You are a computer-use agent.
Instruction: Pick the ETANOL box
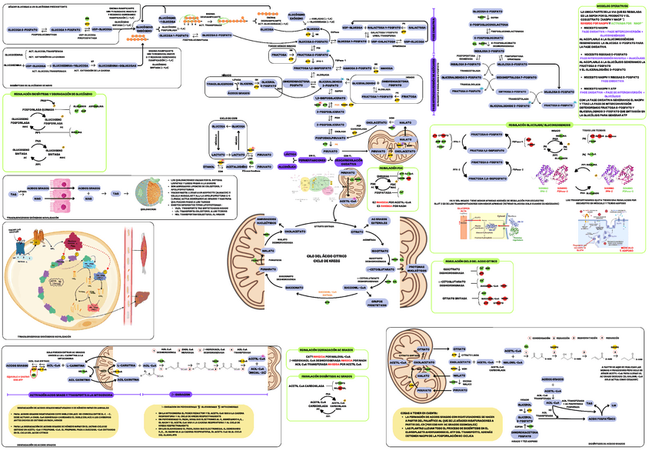tap(208, 165)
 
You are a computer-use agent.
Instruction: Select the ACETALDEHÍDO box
tap(234, 165)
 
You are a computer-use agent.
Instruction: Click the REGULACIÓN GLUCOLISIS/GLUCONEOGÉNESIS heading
tap(534, 124)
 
